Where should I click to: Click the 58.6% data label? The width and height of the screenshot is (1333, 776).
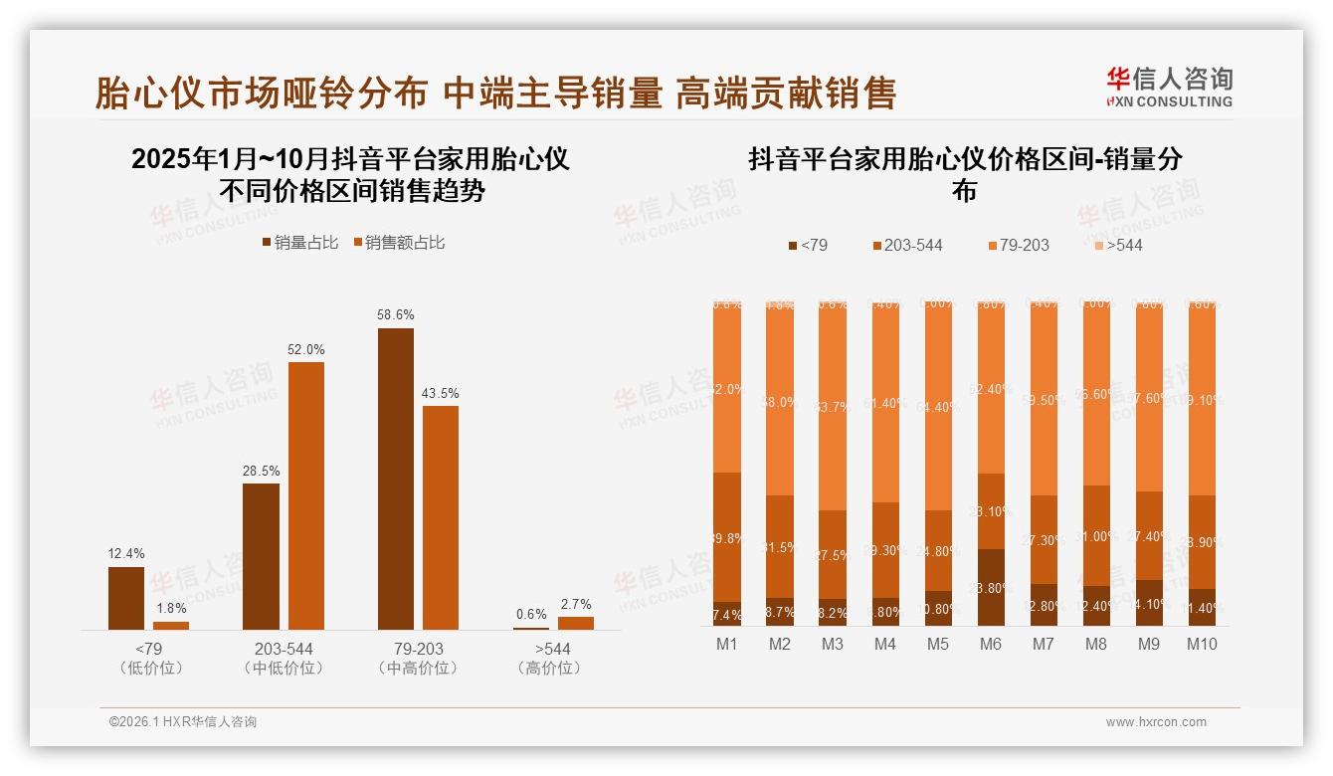(x=395, y=314)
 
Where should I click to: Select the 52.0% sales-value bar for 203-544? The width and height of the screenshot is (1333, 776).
(x=306, y=495)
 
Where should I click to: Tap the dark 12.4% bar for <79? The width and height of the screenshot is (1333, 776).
(x=126, y=598)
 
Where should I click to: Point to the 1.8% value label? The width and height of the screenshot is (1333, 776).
(x=171, y=609)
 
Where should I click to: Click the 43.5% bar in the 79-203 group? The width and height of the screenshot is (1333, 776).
(x=441, y=517)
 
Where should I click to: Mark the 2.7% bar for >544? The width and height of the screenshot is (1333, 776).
(x=575, y=623)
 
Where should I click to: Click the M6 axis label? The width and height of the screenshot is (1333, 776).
(x=990, y=645)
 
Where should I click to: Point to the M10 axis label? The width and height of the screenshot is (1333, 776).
(x=1202, y=645)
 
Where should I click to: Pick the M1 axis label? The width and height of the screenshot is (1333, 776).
(x=727, y=645)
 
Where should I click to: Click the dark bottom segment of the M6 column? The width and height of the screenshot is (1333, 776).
(x=991, y=588)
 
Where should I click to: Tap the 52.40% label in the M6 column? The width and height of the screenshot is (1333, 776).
(x=991, y=389)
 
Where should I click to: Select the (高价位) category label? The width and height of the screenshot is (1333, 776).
(x=548, y=669)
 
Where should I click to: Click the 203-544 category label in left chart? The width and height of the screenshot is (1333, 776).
(x=284, y=649)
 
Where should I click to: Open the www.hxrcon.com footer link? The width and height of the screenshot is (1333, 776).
(x=1156, y=722)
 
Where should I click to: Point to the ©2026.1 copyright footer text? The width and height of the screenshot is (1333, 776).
(x=182, y=722)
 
